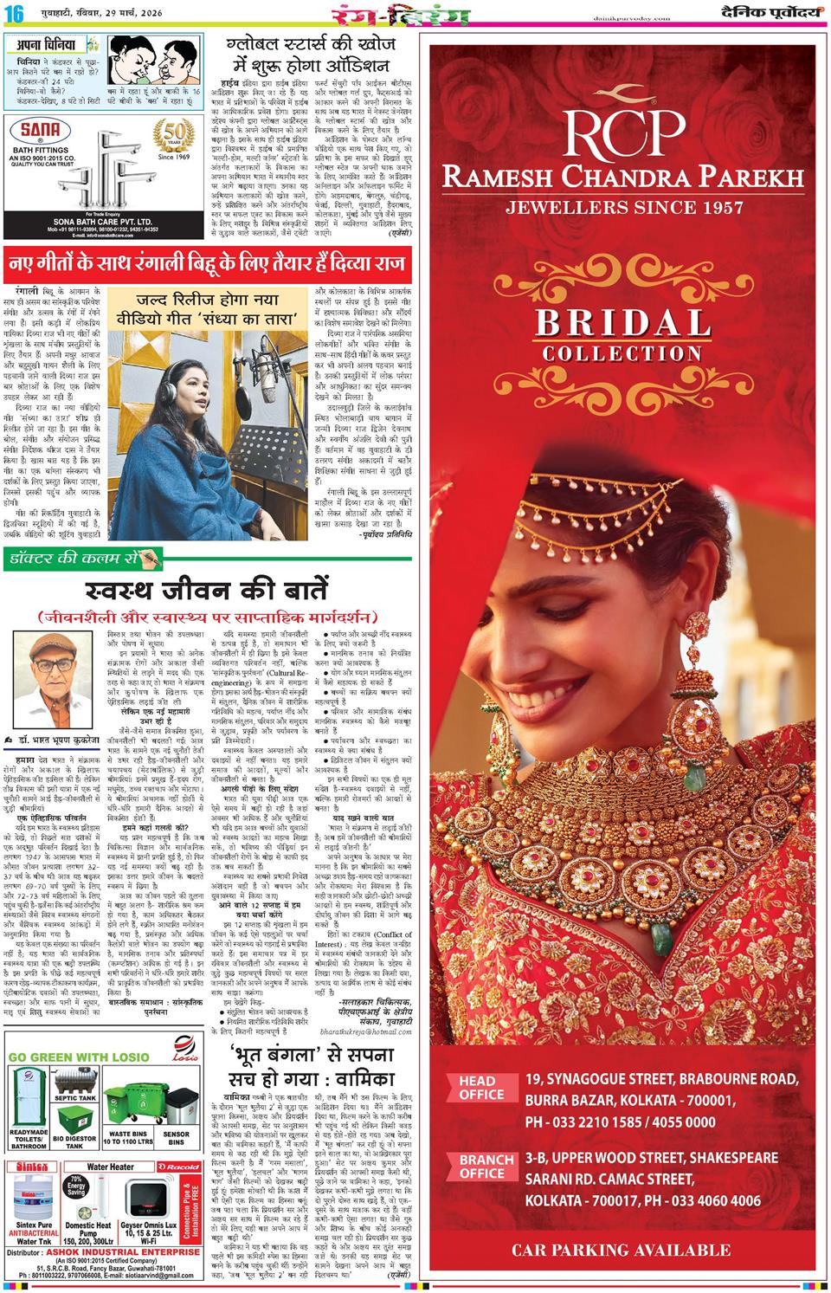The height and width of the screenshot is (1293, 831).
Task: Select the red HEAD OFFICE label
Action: pyautogui.click(x=477, y=1088)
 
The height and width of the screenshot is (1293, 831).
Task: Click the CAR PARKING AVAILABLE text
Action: pyautogui.click(x=622, y=1250)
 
